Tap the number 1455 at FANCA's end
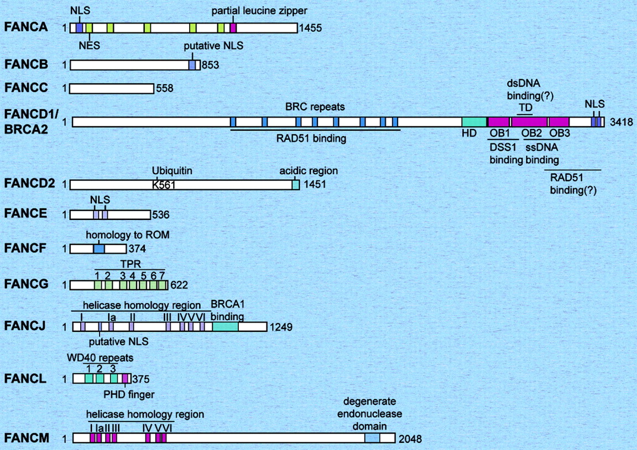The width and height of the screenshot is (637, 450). (309, 28)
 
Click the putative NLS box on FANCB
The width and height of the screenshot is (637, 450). (192, 65)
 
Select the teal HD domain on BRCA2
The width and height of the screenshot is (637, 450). (474, 122)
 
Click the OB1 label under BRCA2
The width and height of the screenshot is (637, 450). (499, 134)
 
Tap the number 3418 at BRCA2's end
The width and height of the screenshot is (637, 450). (620, 122)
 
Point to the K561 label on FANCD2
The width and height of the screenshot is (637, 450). (164, 185)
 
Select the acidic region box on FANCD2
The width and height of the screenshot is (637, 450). (296, 185)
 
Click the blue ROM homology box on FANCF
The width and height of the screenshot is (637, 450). (98, 249)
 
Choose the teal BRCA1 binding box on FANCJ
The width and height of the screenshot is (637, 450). (225, 327)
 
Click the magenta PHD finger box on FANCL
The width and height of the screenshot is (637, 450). (125, 379)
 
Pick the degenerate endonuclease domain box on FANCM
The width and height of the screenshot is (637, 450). (372, 438)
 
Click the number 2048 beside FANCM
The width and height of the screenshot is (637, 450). (410, 439)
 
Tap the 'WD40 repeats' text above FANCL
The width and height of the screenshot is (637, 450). (108, 357)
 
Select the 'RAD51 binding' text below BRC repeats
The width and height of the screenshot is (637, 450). (311, 139)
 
